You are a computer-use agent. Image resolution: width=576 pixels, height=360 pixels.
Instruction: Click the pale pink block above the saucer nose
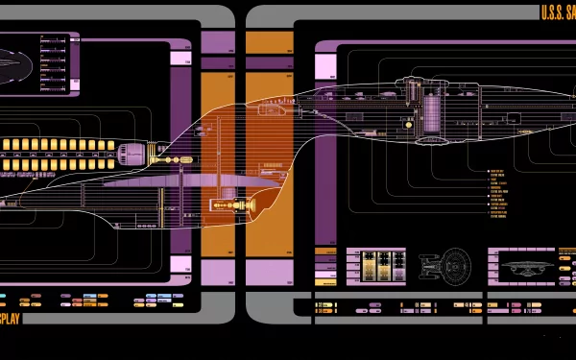click(x=326, y=66)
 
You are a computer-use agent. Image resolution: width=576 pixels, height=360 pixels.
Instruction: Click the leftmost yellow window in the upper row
click(x=6, y=144)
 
